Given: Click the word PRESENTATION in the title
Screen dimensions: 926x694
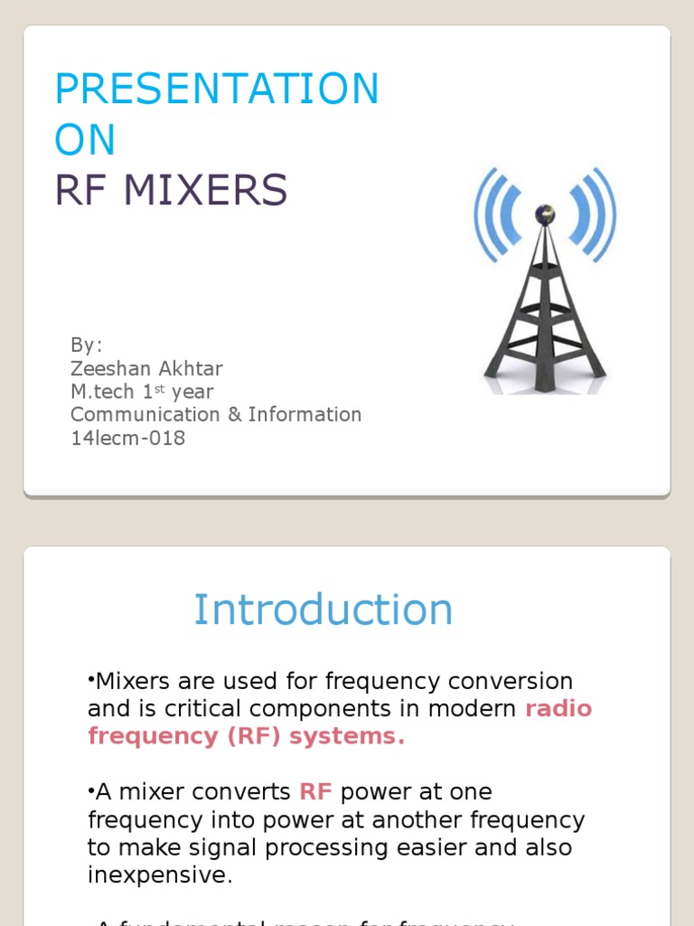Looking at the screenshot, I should point(217,90).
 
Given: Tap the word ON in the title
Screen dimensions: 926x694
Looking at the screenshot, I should point(85,140).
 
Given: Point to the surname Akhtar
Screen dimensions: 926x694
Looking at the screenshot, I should point(192,369).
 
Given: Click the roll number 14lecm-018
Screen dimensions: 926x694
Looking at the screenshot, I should point(127,439).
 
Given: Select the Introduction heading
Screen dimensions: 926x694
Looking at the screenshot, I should point(323,609).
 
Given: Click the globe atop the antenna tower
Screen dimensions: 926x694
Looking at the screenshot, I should point(544,214).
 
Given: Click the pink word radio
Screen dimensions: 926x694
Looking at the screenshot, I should point(558,708).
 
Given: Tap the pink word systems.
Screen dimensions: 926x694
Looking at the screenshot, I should point(344,736).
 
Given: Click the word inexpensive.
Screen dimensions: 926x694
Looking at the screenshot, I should point(160,875).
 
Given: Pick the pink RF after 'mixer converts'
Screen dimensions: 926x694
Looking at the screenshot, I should point(316,792).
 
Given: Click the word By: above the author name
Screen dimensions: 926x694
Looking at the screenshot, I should point(87,345).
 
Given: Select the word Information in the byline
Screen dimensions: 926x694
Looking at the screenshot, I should point(305,415).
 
